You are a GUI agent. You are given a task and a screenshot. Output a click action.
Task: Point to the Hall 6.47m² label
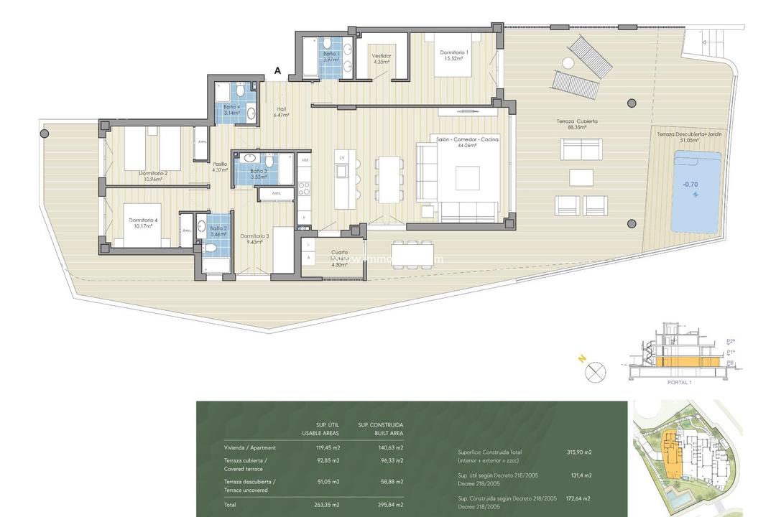click(x=281, y=112)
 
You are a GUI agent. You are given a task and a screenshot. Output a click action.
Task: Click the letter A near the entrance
click(x=277, y=70)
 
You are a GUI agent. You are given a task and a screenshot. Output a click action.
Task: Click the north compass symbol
click(x=596, y=372)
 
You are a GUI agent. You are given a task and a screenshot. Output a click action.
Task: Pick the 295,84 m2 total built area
click(x=389, y=504)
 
